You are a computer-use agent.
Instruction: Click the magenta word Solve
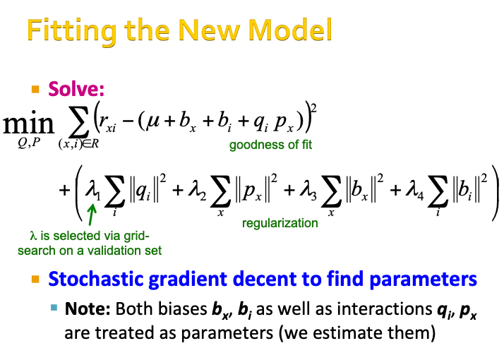(76, 90)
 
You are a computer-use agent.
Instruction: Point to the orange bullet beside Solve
(35, 90)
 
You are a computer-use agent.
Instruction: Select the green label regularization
(280, 223)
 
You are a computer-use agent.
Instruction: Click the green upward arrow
(91, 214)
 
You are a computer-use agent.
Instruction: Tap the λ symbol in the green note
(32, 236)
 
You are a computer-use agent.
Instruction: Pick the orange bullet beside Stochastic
(35, 280)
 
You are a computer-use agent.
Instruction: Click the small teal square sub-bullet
(54, 307)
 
